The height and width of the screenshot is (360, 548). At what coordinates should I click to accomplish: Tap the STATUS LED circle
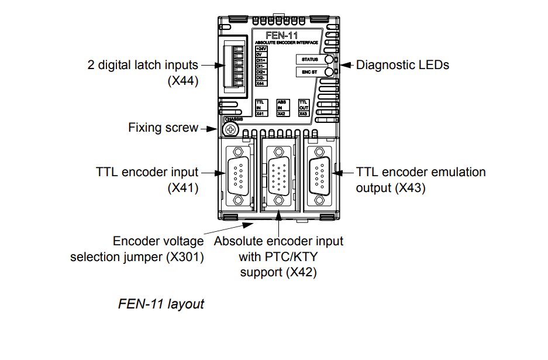(x=330, y=59)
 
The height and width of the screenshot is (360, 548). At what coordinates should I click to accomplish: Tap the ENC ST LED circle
(x=330, y=72)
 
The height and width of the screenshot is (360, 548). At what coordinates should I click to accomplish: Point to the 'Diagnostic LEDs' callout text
(x=403, y=65)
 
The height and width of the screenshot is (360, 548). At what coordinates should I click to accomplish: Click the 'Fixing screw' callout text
(x=163, y=127)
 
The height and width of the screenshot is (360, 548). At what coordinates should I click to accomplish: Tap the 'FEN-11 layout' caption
(x=161, y=304)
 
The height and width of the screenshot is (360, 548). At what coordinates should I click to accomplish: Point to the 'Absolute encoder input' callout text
(x=279, y=241)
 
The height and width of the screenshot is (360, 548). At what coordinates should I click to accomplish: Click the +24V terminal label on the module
(x=261, y=49)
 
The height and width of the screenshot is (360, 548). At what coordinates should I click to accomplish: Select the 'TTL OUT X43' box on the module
(x=304, y=108)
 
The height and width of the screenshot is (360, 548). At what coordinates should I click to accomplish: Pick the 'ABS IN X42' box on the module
(x=282, y=108)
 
